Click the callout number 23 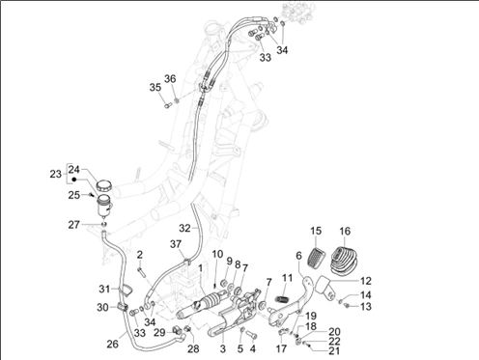click(55, 174)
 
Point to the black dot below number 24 click(74, 180)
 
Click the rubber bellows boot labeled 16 click(344, 261)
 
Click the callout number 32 click(184, 228)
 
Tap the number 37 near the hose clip click(176, 244)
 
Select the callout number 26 click(112, 344)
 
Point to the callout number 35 click(155, 87)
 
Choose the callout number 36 click(170, 79)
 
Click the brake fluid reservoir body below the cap click(104, 206)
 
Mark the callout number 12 click(366, 281)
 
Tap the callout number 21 click(334, 350)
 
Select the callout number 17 click(281, 348)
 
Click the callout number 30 click(102, 307)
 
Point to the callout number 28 click(193, 348)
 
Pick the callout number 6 click(299, 256)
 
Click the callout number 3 click(223, 348)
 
